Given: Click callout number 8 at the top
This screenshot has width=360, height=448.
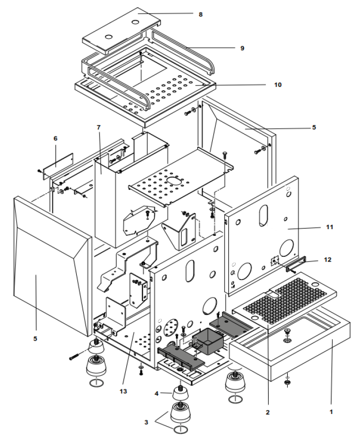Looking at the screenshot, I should click(x=200, y=15).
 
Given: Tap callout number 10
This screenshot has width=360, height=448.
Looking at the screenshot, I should click(x=277, y=84).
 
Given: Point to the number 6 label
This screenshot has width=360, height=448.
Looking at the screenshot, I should click(x=55, y=138).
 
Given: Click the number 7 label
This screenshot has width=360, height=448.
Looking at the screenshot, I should click(x=98, y=127).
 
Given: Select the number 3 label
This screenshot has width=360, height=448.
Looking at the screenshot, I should click(x=146, y=422).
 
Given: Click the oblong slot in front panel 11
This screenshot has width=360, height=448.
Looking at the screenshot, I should click(x=263, y=215).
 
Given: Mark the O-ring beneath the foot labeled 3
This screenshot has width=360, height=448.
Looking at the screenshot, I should click(x=180, y=431).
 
